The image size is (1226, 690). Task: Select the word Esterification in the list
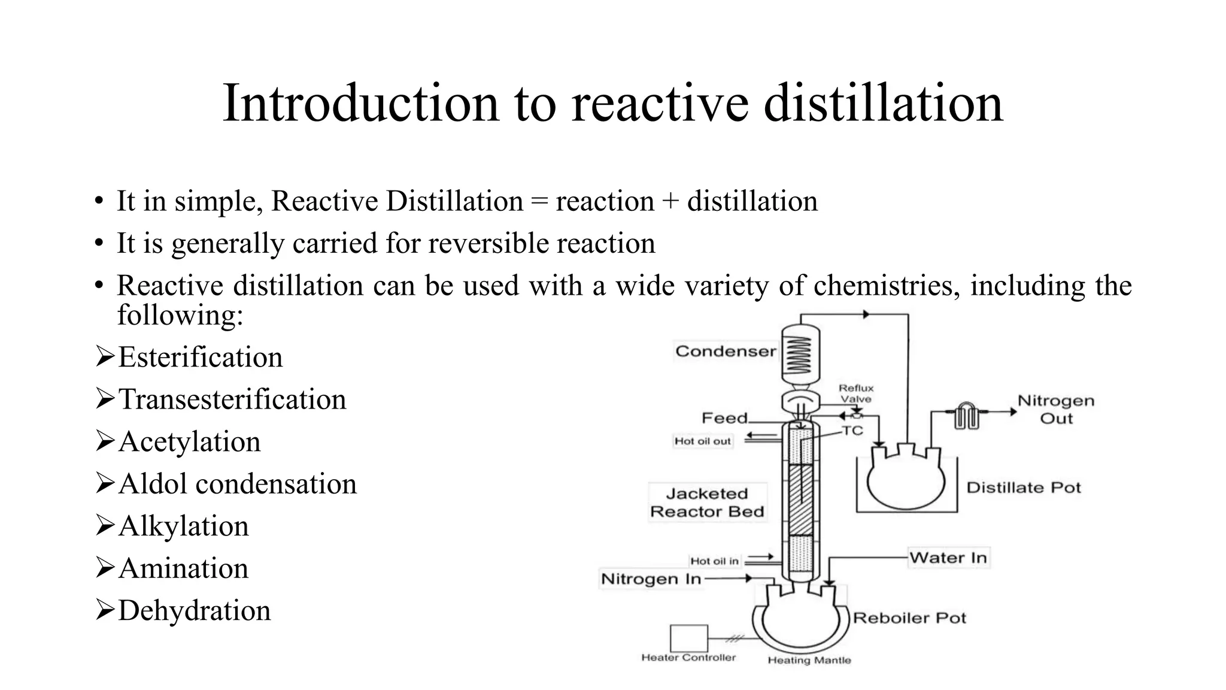[200, 358]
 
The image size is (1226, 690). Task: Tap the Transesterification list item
[232, 400]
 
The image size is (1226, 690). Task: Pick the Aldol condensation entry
[237, 484]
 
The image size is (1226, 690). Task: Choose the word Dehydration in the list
[194, 611]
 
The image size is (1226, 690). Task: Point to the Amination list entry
[183, 568]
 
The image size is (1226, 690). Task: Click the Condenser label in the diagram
[726, 351]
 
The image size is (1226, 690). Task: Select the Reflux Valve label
[856, 394]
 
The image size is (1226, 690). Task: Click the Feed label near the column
[725, 417]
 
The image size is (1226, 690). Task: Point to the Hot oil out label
[703, 441]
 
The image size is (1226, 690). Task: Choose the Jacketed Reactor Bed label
[707, 503]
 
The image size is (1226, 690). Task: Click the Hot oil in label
[714, 561]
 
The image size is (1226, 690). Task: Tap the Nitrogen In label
[651, 579]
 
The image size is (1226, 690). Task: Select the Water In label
[948, 558]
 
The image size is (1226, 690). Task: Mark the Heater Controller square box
[688, 638]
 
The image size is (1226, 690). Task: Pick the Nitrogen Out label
[1056, 410]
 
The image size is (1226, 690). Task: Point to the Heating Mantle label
[809, 660]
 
